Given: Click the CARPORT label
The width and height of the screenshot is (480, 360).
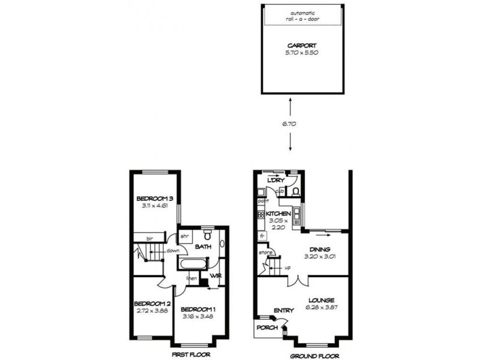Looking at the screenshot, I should click(x=302, y=45).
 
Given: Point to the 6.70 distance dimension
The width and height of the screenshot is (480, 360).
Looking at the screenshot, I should click(x=290, y=124).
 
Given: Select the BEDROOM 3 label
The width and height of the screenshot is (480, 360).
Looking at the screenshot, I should click(x=154, y=199).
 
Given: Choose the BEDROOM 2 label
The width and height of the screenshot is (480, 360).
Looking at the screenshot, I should click(x=152, y=303).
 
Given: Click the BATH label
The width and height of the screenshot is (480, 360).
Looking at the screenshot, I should click(x=202, y=246).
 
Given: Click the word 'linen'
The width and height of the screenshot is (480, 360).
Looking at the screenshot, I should click(x=191, y=278).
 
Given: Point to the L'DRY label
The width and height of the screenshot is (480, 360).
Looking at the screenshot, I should click(x=275, y=181).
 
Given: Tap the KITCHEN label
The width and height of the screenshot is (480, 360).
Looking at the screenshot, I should click(x=278, y=214).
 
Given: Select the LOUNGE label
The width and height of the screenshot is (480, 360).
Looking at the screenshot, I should click(x=322, y=300).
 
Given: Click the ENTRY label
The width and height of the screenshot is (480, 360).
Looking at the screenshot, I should click(x=283, y=310).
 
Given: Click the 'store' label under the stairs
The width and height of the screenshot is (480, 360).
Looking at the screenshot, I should click(x=266, y=253).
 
